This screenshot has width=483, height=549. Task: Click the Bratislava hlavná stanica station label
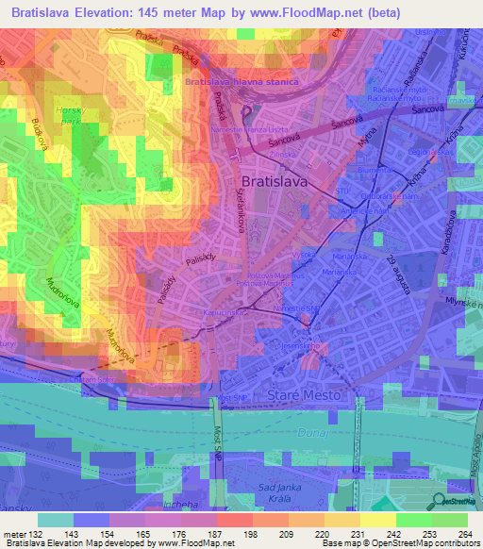tap(242, 82)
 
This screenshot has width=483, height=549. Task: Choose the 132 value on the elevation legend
tap(29, 534)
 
